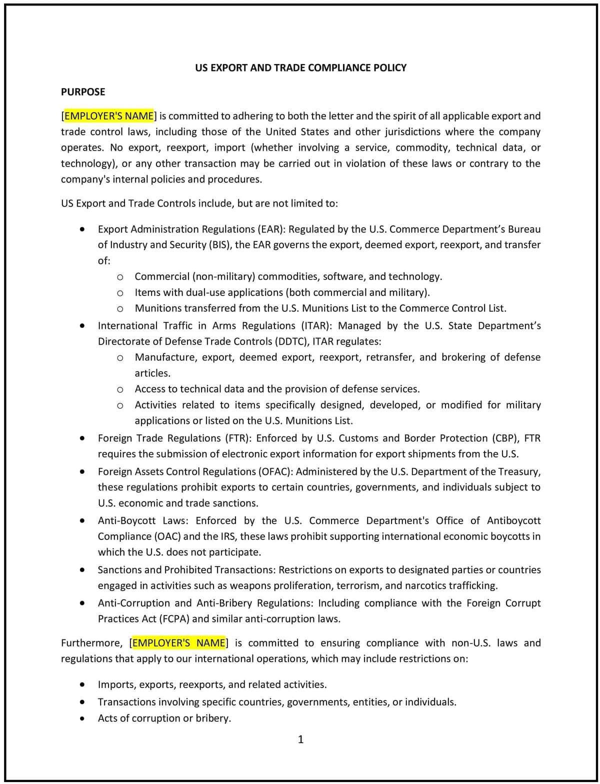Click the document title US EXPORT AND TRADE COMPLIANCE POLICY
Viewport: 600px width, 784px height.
300,67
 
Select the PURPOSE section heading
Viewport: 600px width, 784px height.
83,92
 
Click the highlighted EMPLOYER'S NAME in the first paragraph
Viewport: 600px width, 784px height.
109,116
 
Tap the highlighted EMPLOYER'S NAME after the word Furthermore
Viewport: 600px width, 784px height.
178,642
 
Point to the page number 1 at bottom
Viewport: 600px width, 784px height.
300,739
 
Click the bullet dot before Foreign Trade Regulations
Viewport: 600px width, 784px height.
82,438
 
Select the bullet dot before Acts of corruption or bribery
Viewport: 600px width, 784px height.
82,718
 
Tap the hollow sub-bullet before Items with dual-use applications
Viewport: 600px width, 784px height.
120,293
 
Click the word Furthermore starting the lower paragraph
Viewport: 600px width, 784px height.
91,642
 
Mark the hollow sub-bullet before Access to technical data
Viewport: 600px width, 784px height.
120,389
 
